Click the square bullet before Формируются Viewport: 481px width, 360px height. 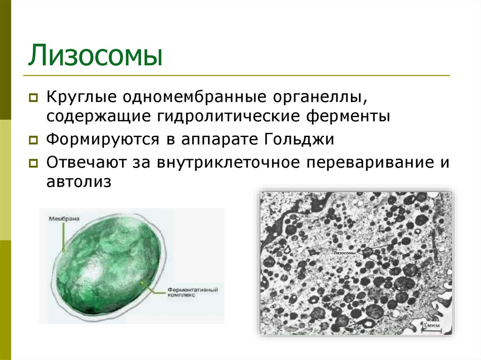coord(33,140)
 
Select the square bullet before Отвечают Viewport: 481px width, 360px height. coord(33,163)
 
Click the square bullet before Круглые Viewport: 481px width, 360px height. coord(33,99)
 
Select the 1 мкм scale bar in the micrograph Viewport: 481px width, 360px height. coord(429,326)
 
